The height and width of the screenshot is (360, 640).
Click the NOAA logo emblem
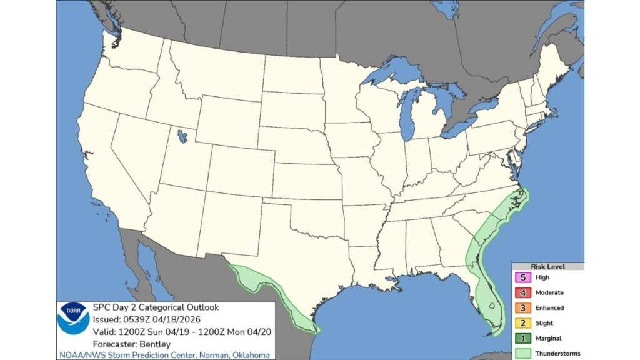click(x=73, y=318)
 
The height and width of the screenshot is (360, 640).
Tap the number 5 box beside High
click(x=520, y=277)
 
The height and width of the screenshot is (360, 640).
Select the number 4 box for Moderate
click(x=520, y=292)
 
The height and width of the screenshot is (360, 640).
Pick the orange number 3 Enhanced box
click(x=520, y=307)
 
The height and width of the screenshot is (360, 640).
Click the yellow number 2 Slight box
click(x=520, y=323)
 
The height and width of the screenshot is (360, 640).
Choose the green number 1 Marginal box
click(x=520, y=338)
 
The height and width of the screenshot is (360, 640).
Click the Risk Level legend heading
click(x=547, y=266)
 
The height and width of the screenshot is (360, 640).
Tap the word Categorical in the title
click(x=156, y=307)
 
